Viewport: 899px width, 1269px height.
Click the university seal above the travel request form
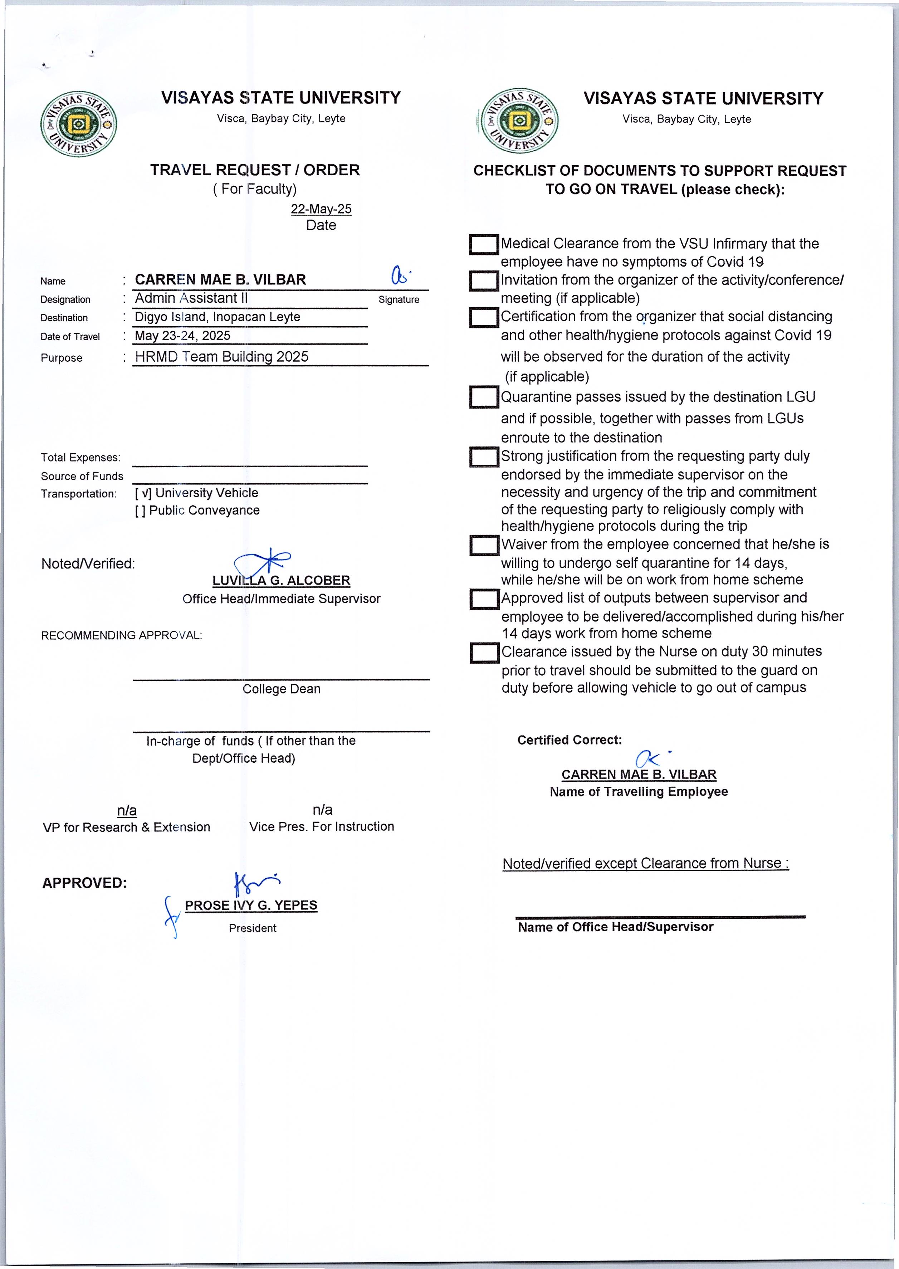(x=78, y=124)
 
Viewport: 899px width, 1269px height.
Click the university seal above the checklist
(x=519, y=121)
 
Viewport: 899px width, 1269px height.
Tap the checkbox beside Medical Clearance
(x=483, y=244)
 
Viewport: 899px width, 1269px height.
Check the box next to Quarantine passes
(x=483, y=397)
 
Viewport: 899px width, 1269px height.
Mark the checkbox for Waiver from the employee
(x=483, y=545)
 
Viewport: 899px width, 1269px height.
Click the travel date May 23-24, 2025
(x=183, y=336)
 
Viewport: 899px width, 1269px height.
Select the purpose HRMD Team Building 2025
(x=221, y=357)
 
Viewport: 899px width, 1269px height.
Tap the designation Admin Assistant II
(x=191, y=298)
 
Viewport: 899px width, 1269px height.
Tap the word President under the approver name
(x=253, y=928)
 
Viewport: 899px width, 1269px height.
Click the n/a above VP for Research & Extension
(x=127, y=811)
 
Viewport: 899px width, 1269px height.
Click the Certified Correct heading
(x=569, y=740)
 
